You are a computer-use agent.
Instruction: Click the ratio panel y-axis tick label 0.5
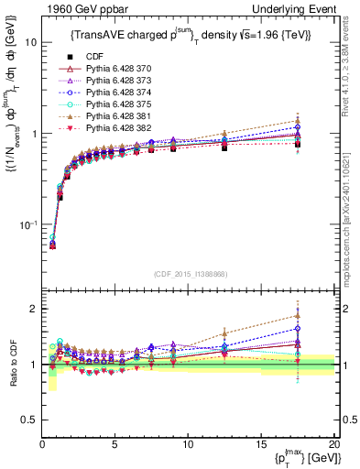[27, 420]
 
